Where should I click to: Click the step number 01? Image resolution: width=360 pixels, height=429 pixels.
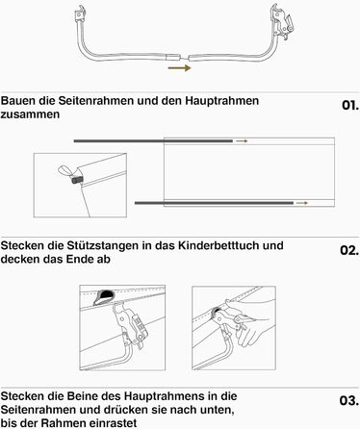point(350,105)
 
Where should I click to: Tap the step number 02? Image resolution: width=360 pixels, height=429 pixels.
point(349,250)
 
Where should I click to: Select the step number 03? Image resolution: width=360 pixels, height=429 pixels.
point(349,400)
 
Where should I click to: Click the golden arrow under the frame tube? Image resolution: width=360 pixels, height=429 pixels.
point(179,67)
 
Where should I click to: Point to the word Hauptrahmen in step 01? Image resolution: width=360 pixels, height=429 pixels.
point(222,101)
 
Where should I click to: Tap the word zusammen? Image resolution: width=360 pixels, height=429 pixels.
point(30,114)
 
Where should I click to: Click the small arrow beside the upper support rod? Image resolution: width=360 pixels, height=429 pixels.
point(242,141)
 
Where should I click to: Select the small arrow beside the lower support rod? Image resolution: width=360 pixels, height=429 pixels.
point(301,203)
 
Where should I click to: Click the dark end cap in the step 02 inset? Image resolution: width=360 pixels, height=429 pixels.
point(77,180)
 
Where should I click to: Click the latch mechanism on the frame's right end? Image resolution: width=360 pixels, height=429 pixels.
point(281,22)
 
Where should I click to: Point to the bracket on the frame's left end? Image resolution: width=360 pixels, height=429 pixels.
point(80,13)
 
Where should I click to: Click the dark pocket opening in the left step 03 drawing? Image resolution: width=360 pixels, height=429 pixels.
point(104,296)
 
